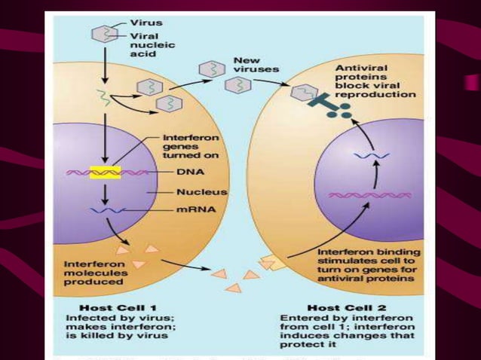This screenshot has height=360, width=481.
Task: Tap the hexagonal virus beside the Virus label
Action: [x=101, y=34]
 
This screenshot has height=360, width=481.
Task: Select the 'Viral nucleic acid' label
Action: [x=152, y=46]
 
